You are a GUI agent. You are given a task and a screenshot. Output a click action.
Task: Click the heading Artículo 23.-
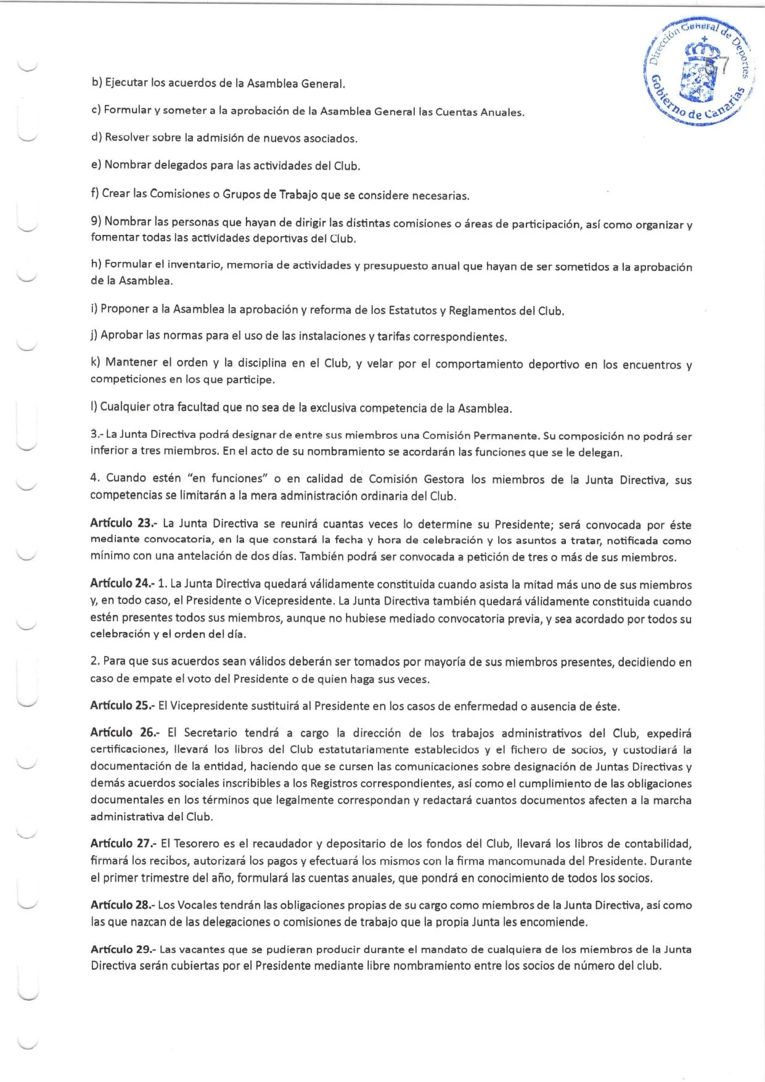[x=123, y=525]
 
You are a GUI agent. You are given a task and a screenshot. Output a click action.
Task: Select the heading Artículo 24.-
[x=123, y=584]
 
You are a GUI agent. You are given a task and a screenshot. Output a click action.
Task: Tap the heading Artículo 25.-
[x=123, y=705]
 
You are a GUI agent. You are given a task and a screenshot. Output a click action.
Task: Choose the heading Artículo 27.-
[x=123, y=843]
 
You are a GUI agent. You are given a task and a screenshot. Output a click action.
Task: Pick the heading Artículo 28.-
[x=123, y=905]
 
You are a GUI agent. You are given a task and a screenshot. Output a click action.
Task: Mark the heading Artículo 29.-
[x=123, y=949]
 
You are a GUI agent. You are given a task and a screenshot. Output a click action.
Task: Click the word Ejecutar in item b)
[x=126, y=83]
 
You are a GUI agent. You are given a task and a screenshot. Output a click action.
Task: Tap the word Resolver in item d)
[x=127, y=138]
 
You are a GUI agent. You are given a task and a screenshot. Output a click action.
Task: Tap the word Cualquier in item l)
[x=125, y=408]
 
